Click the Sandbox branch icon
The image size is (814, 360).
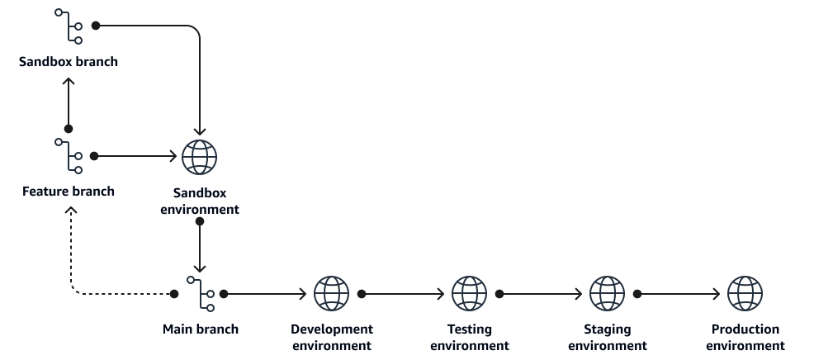pos(69,26)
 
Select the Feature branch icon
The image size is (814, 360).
pos(69,156)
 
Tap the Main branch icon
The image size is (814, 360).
pos(201,294)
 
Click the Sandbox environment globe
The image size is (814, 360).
pos(199,157)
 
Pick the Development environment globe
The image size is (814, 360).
pos(332,293)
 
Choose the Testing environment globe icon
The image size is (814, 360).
pos(469,293)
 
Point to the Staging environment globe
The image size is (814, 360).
pos(608,293)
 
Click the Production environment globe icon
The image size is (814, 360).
pos(745,293)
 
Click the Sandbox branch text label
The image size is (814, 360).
pos(69,61)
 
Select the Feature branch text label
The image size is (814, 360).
pos(69,192)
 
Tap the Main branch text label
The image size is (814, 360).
pos(201,329)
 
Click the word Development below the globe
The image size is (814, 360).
pos(332,329)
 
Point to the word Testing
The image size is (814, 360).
pos(469,329)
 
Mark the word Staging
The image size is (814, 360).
pos(608,329)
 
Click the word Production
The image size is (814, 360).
pos(745,329)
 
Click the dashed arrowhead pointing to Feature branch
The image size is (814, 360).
pos(71,210)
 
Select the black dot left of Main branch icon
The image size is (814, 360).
pos(174,294)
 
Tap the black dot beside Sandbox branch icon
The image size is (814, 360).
pos(96,26)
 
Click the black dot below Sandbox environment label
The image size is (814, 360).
pos(199,222)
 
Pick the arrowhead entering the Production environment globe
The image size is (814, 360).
pos(717,294)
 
